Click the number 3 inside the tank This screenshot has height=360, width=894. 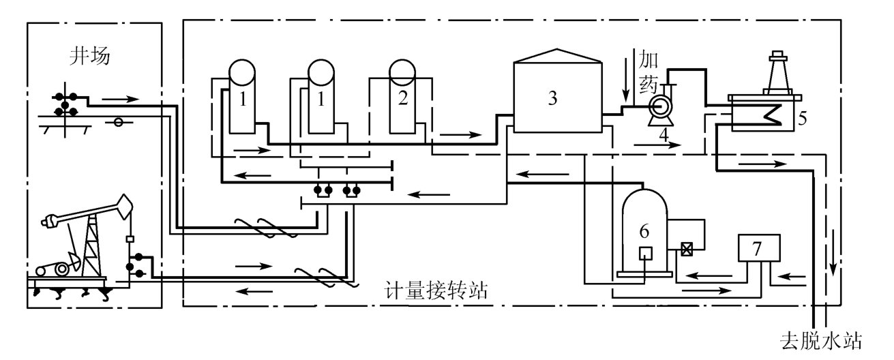tap(552, 97)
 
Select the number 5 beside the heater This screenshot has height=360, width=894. tap(803, 117)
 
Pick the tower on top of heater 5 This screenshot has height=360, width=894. tap(777, 72)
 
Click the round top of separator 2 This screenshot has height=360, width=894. tap(401, 70)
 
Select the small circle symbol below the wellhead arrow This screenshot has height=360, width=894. tap(118, 123)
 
